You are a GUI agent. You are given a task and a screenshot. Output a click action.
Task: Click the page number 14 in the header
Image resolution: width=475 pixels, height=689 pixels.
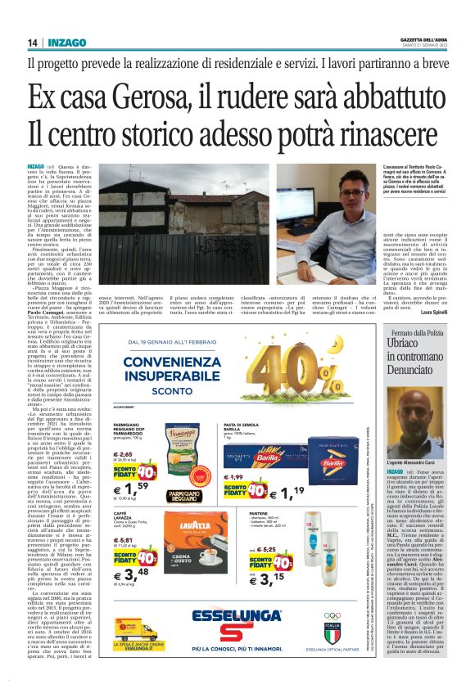(x=32, y=43)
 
